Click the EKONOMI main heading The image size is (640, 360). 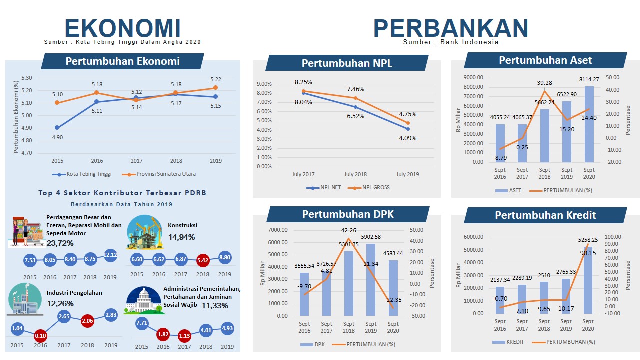122,28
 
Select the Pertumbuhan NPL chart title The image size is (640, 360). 347,63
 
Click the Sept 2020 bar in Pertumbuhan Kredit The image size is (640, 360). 588,280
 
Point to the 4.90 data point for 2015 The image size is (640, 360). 57,128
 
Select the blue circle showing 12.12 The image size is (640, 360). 110,255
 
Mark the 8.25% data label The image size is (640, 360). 303,82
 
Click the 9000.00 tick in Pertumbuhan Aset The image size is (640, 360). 473,77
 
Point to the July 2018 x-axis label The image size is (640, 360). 355,174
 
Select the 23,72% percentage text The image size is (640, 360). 60,243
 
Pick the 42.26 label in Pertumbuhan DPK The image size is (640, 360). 348,230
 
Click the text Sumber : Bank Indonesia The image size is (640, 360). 451,42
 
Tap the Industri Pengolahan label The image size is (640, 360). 74,293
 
